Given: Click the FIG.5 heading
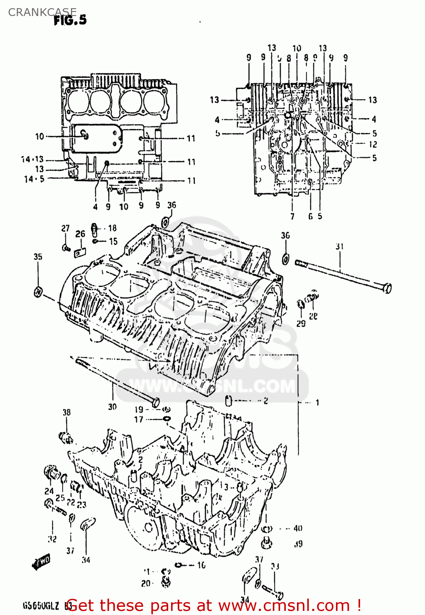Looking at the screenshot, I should tap(70, 20).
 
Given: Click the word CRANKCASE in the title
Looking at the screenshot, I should tap(42, 12).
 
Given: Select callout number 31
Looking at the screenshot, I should tap(339, 246).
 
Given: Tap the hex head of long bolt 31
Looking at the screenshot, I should tap(386, 288).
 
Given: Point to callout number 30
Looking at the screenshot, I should tap(112, 407).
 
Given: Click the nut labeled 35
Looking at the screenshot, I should tap(38, 292).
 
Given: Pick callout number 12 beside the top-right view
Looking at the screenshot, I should tap(372, 144).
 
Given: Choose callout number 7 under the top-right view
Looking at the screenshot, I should tap(292, 216).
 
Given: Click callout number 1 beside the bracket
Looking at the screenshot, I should tap(317, 403).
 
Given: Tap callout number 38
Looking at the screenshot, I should tap(66, 412).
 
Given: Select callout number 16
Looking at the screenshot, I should tap(201, 565).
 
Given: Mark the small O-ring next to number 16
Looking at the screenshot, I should tap(179, 565).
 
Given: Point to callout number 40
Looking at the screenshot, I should tap(297, 528).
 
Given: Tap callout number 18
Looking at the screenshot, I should tap(112, 228).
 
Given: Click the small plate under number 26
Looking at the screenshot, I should tap(80, 252).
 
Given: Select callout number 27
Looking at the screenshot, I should tap(65, 228).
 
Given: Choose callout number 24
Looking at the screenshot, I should tap(49, 491).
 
